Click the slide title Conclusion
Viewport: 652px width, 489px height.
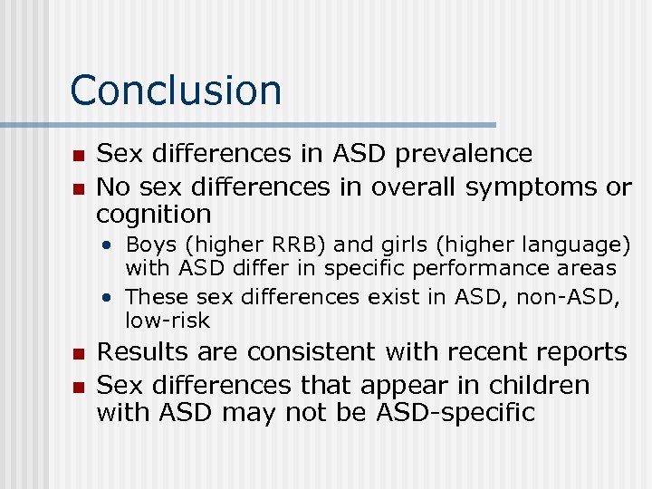[x=176, y=91]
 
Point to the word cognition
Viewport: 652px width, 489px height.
[x=153, y=216]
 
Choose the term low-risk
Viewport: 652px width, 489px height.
[x=168, y=321]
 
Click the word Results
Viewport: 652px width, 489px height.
[x=143, y=352]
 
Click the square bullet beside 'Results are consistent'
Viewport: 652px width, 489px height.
[x=78, y=354]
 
